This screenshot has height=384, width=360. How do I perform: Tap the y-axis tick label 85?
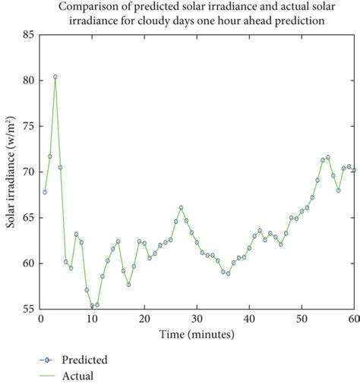coord(27,34)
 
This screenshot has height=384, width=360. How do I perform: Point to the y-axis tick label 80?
coord(27,80)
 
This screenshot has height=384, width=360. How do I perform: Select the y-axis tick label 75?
coord(27,126)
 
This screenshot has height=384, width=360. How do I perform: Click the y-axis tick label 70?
coord(27,172)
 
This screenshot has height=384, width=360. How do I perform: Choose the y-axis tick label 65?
coord(27,218)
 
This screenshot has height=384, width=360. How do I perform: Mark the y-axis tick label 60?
coord(27,263)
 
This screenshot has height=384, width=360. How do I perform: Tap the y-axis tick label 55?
coord(27,309)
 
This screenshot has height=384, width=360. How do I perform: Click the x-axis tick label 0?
coord(39,319)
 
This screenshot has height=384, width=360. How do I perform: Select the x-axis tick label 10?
coord(92,319)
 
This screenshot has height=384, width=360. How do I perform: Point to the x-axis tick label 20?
coord(144,319)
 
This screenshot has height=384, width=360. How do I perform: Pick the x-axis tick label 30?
coord(197,319)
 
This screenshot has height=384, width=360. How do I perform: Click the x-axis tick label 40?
coord(249,319)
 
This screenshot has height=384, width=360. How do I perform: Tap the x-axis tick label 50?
coord(302,319)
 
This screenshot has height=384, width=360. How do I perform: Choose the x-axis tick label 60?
coord(352,319)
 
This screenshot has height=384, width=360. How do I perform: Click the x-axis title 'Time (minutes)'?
coord(197,334)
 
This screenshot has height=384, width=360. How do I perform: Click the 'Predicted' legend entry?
coord(84,360)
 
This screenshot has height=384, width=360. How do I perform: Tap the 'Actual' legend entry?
coord(78,375)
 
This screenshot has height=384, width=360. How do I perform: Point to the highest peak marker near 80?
coord(55,77)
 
